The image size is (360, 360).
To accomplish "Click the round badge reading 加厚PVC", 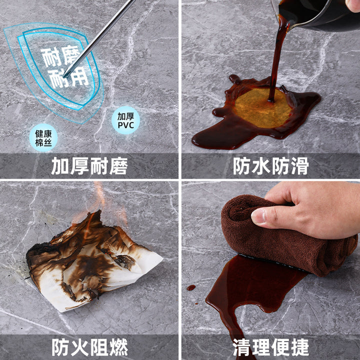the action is tap(125, 120).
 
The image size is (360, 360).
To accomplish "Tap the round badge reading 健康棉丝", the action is tap(43, 138).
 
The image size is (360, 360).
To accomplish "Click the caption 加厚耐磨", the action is tap(89, 166).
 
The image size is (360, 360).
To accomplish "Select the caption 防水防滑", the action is tap(271, 166).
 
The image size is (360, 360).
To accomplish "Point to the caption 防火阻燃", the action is tap(89, 347).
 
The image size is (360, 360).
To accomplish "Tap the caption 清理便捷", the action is tap(271, 347).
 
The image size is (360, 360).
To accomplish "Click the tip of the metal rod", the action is tap(65, 76).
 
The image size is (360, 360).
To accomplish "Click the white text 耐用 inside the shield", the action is tap(68, 78).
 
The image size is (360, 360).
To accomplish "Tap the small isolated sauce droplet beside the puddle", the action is tap(191, 287).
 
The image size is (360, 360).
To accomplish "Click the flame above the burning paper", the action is tap(99, 202).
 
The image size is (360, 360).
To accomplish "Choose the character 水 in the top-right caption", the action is tap(261, 166).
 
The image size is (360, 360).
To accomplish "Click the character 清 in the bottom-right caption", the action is tap(242, 347).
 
